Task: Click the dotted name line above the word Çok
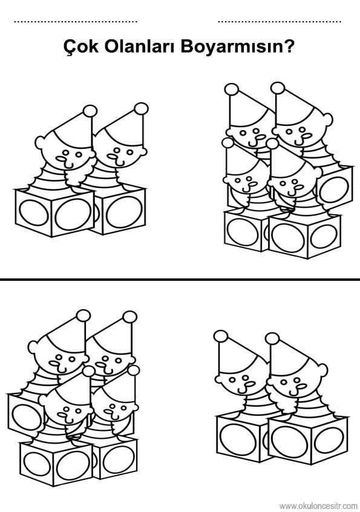[76, 22]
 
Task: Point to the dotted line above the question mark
[280, 22]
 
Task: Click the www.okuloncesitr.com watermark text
[318, 506]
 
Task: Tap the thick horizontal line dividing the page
[180, 280]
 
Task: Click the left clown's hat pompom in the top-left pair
[90, 111]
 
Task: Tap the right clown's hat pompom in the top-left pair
[142, 109]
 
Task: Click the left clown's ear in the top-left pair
[41, 142]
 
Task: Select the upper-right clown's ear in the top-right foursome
[327, 119]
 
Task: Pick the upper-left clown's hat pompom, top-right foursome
[231, 90]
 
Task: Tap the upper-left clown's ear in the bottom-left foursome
[33, 347]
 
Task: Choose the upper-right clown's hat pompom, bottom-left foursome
[130, 317]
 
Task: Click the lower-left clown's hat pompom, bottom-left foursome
[89, 371]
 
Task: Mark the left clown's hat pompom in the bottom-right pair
[221, 336]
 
